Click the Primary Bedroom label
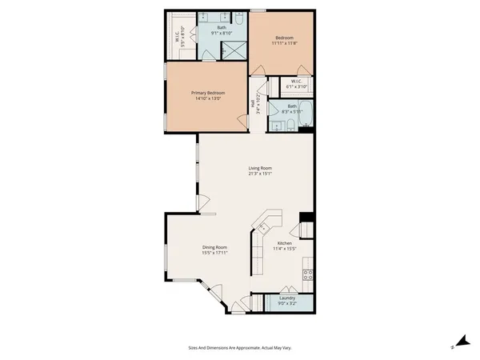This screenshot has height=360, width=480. [207, 93]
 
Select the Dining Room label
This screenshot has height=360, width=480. [215, 248]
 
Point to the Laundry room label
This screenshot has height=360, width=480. [287, 298]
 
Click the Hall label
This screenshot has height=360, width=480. [252, 104]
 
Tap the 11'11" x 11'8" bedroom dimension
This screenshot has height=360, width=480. [285, 44]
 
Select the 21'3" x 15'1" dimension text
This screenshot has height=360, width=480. [260, 174]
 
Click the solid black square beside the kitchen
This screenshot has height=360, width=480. [305, 218]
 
